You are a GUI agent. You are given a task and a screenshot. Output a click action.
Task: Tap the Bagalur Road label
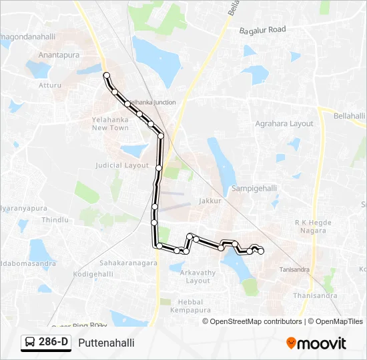(x=262, y=30)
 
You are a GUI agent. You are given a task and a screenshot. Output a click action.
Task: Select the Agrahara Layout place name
(x=284, y=124)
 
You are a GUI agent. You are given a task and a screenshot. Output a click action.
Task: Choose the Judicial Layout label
(x=122, y=165)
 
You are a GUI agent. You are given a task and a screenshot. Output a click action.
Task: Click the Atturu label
(x=49, y=85)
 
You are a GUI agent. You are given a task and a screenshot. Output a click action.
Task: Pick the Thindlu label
(x=55, y=220)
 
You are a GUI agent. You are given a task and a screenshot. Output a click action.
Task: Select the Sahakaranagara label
(x=129, y=263)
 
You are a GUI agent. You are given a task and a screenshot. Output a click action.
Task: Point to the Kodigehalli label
(x=93, y=274)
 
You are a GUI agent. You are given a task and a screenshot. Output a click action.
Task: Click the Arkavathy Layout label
(x=198, y=277)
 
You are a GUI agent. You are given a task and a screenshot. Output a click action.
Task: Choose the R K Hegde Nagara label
(x=311, y=226)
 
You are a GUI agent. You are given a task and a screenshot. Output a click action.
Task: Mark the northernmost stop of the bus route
(x=106, y=75)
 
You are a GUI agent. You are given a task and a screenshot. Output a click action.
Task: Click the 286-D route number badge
(x=46, y=342)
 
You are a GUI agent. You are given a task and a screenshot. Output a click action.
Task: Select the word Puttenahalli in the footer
(x=106, y=343)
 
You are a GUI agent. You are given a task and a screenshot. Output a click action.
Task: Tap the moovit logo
(x=316, y=343)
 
